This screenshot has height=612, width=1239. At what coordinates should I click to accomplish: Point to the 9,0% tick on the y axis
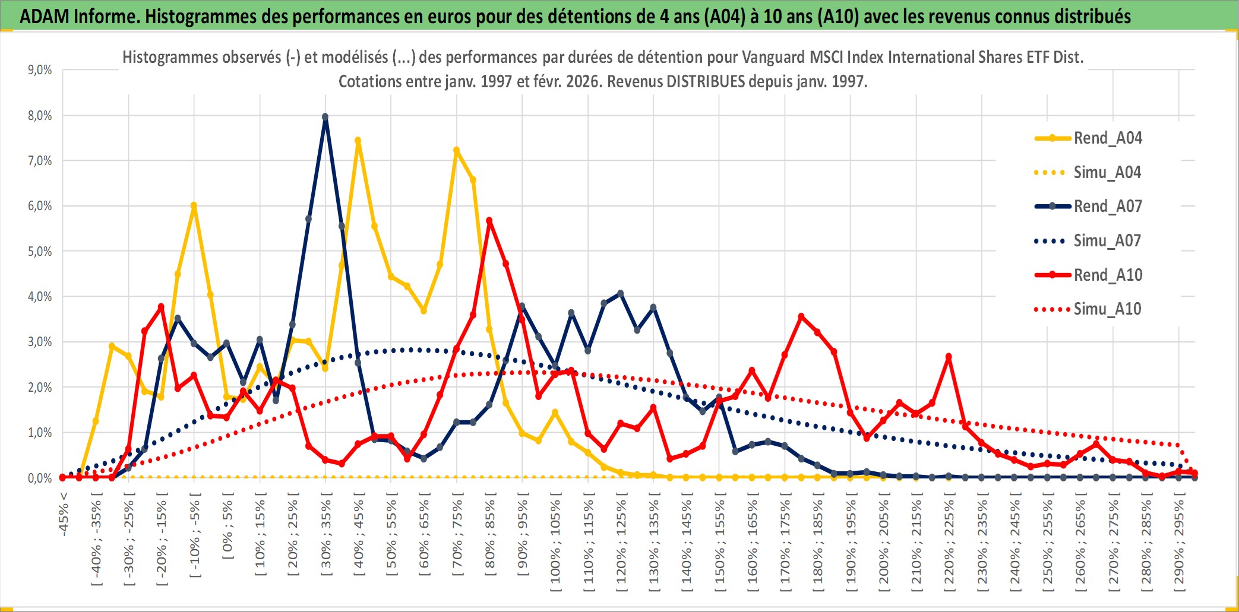pyautogui.click(x=40, y=70)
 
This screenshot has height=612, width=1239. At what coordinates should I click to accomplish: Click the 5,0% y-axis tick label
pyautogui.click(x=40, y=251)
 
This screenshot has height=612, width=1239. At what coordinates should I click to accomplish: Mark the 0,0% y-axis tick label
pyautogui.click(x=40, y=478)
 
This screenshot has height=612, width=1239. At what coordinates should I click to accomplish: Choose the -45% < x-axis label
pyautogui.click(x=64, y=514)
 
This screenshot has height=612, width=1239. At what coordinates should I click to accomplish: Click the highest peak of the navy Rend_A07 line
pyautogui.click(x=325, y=117)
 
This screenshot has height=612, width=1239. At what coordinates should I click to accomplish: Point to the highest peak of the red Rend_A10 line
pyautogui.click(x=489, y=221)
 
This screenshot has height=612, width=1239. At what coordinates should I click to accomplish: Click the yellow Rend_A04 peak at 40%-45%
pyautogui.click(x=358, y=141)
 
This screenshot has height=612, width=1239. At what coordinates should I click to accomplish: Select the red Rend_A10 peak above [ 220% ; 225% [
pyautogui.click(x=949, y=357)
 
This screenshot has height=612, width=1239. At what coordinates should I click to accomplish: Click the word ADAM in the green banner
pyautogui.click(x=45, y=16)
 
